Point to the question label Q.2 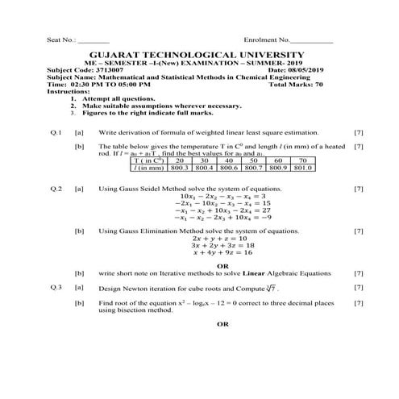(56, 188)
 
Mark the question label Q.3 (56, 287)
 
